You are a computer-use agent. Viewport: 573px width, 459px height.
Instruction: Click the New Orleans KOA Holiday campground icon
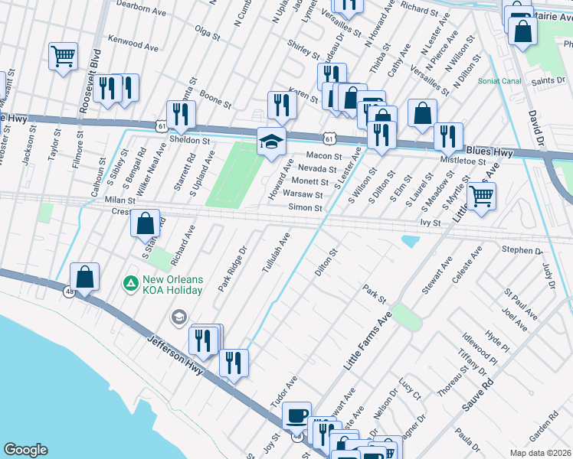click(131, 284)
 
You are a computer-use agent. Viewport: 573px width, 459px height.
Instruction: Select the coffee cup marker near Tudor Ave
click(296, 415)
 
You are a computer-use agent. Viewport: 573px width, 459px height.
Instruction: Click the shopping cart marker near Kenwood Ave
click(63, 55)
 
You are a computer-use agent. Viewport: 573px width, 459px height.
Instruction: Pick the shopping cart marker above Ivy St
click(481, 196)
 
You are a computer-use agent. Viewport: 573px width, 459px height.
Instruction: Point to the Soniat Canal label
click(499, 80)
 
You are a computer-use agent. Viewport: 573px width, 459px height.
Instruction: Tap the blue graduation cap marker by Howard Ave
click(271, 142)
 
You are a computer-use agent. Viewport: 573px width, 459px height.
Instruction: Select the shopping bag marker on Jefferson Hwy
click(85, 277)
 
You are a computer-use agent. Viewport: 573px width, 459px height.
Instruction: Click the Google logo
click(25, 450)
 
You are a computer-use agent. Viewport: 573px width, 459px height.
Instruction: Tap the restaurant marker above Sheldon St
click(181, 114)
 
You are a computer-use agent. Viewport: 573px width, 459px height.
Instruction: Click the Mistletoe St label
click(466, 161)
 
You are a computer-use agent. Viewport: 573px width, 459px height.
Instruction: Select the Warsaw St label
click(303, 194)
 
